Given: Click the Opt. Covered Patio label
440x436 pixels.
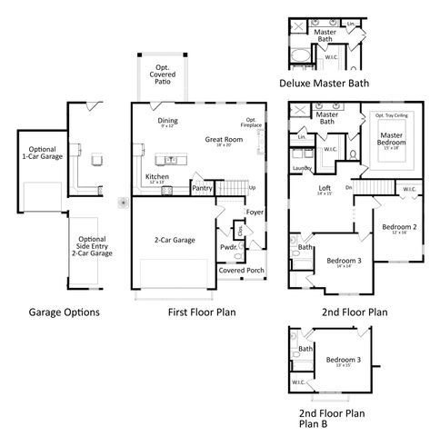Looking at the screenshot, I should coord(162,74).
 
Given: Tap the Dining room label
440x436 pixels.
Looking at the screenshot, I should coord(167,121).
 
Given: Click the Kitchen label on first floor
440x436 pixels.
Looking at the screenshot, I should coord(156,176).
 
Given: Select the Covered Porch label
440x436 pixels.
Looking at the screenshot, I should coord(242,271).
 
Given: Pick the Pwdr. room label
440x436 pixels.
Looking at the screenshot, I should coord(227,245).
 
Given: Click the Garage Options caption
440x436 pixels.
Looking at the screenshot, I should coord(63,312).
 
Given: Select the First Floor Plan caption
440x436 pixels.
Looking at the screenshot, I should coord(202,312).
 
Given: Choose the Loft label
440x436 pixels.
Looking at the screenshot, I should coord(324,189).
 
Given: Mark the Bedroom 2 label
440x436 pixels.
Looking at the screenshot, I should coord(399,226).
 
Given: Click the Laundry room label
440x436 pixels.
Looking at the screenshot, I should coord(300,169).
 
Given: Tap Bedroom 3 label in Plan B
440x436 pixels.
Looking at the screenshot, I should coord(344,360).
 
